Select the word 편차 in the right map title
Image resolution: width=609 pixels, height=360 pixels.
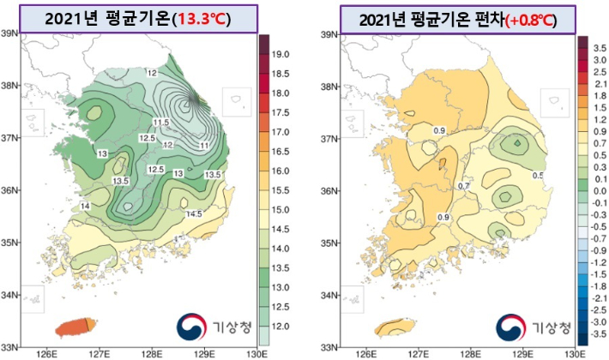[x=476, y=18]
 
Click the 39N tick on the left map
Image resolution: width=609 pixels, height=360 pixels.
[x=10, y=34]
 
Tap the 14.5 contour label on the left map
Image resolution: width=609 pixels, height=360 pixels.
[x=195, y=213]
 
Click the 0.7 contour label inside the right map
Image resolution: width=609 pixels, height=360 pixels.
[x=464, y=186]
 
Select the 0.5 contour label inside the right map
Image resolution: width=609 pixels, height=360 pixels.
[x=538, y=176]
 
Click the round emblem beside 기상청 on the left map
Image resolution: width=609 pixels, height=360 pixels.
[x=192, y=327]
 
